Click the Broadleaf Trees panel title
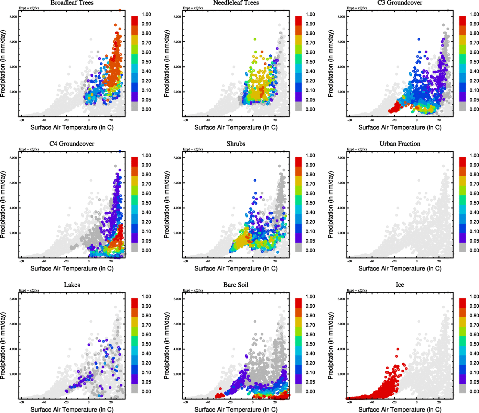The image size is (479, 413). (72, 3)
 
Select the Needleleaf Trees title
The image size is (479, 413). (236, 3)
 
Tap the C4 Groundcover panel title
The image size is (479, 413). (72, 144)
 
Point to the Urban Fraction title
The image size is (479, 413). (400, 144)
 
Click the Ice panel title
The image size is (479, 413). (400, 285)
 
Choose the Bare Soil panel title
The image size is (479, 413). (236, 285)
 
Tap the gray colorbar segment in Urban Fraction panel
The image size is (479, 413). (462, 247)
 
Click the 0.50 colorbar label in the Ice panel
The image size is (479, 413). (474, 344)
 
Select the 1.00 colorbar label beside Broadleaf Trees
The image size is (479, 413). (146, 14)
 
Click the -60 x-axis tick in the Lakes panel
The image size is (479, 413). (22, 402)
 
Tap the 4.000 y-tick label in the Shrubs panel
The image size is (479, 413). (177, 208)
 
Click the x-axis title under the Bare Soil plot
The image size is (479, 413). (236, 410)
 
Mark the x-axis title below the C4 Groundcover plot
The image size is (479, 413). (72, 268)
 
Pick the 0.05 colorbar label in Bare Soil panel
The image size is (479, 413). (311, 382)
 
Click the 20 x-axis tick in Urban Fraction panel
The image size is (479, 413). (439, 261)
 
